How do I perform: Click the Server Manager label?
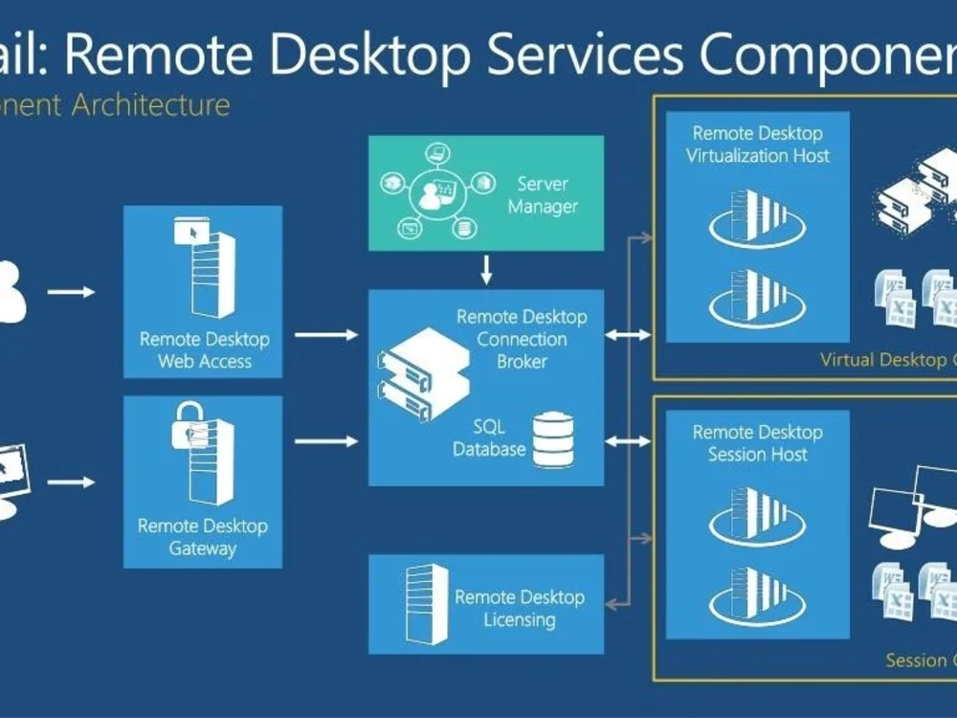pos(543,194)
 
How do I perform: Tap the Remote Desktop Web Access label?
pos(204,350)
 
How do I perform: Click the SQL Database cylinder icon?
pos(553,439)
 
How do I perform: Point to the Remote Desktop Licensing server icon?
pos(426,603)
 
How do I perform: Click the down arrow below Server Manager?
pos(486,270)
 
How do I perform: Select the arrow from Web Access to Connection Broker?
pos(325,335)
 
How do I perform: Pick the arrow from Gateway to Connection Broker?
pos(325,441)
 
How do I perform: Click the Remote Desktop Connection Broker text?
pos(522,339)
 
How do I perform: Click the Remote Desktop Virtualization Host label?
pos(757,145)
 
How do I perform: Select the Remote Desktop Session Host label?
pos(757,443)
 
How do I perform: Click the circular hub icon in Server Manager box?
pos(436,192)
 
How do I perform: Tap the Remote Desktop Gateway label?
pos(203,537)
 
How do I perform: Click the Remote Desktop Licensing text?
pos(519,608)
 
